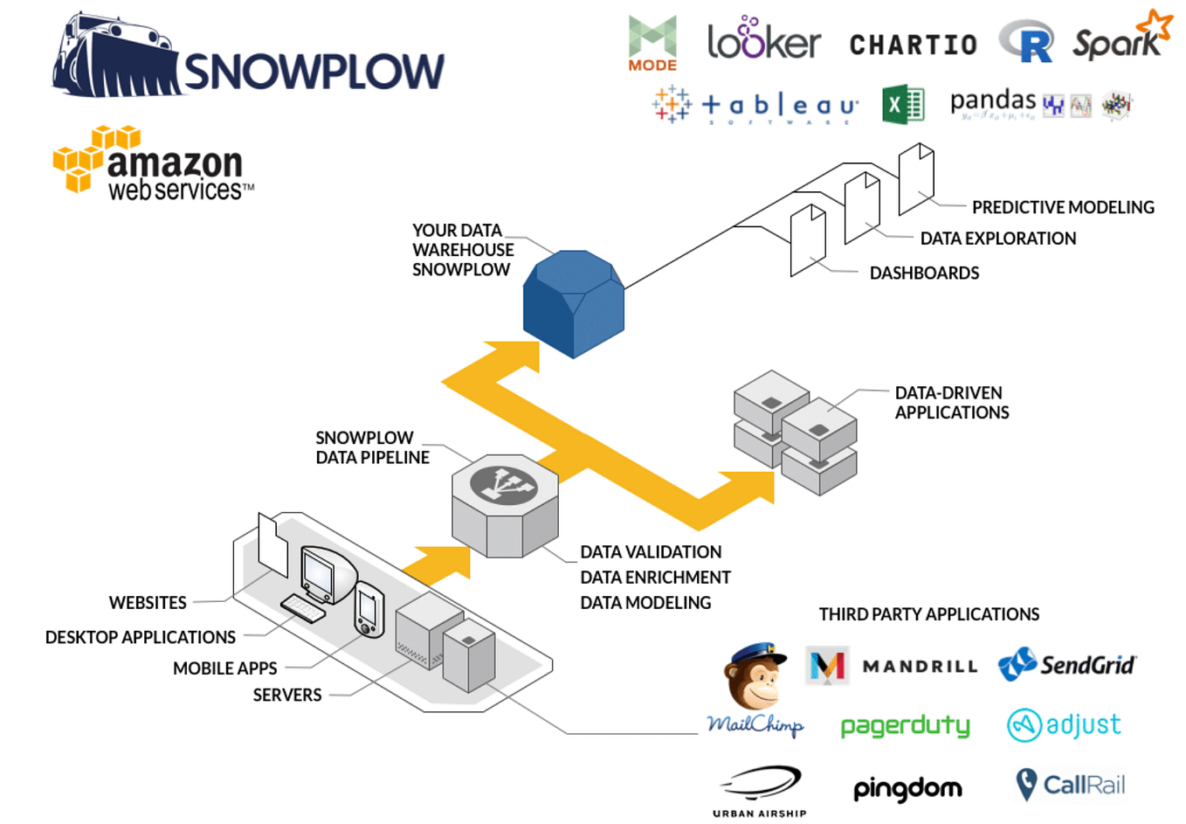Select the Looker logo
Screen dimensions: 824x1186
pos(763,39)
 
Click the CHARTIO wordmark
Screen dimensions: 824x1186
pos(913,45)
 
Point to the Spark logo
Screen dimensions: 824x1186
pos(1121,39)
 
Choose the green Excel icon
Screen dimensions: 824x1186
pos(902,105)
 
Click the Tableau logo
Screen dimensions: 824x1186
pos(756,106)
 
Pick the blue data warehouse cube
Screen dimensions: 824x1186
pos(573,303)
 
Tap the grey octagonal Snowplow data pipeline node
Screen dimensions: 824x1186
pos(505,504)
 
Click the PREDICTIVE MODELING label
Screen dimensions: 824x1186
pos(1063,207)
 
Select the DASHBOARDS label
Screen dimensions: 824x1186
pos(924,273)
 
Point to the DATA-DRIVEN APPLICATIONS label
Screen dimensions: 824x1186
pos(951,403)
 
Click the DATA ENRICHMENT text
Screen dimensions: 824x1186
pos(655,578)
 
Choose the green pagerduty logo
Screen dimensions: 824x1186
pos(905,725)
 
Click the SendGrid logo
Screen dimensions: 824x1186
pos(1066,665)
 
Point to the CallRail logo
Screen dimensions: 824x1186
pos(1071,785)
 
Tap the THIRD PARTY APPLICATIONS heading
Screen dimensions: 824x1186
pos(928,614)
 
